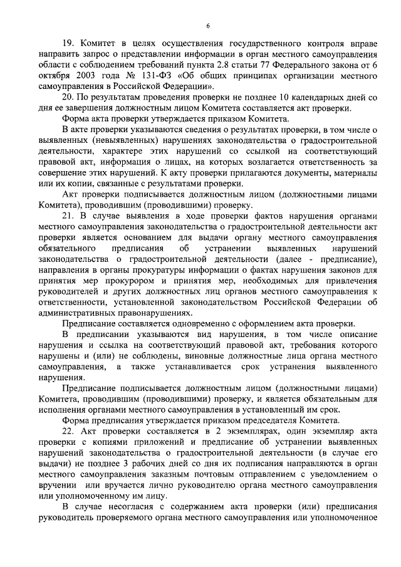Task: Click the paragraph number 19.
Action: [68, 43]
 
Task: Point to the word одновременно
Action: [195, 324]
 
